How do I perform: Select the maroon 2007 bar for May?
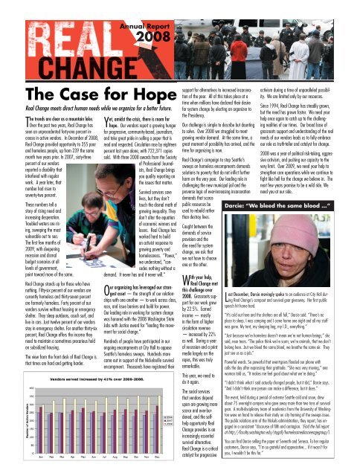(x=93, y=434)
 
